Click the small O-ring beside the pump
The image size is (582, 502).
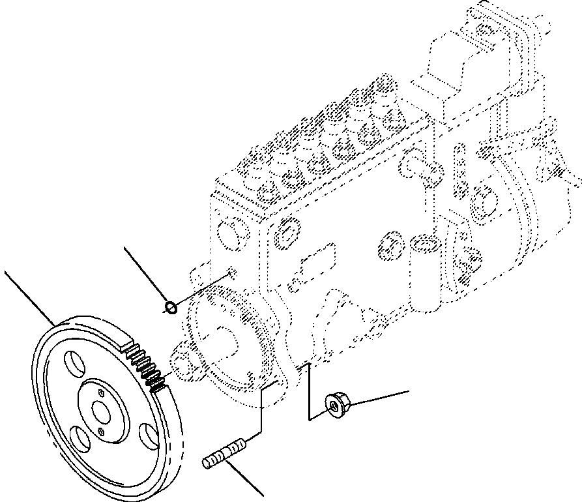pos(171,306)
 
